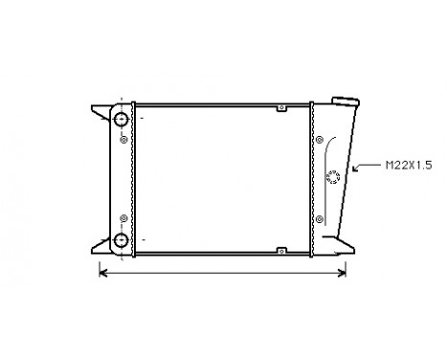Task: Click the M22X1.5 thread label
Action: (x=408, y=165)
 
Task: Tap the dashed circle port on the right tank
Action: (x=333, y=176)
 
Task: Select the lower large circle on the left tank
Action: (x=123, y=239)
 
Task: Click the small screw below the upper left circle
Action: (x=123, y=140)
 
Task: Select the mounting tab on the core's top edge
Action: (x=279, y=106)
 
